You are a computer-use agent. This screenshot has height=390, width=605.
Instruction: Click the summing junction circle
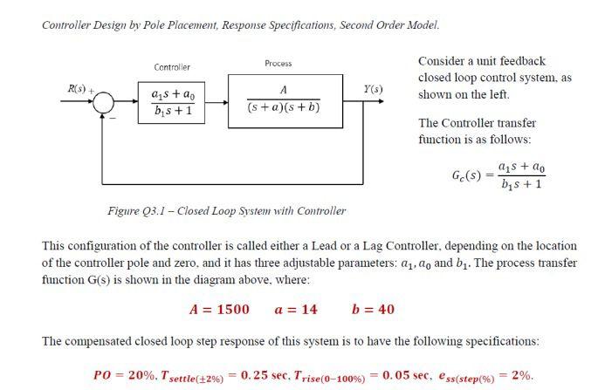tap(104, 103)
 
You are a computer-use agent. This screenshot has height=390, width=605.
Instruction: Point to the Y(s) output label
tap(373, 89)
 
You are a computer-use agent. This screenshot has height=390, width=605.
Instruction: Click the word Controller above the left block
tap(172, 67)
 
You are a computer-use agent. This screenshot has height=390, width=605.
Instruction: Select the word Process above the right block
tap(278, 64)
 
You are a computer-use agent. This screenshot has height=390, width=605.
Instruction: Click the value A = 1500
tap(219, 310)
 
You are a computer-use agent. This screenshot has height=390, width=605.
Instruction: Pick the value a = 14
tap(296, 310)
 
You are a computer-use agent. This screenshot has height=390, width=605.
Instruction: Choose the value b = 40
tap(373, 310)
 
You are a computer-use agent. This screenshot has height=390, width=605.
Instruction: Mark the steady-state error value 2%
tap(522, 375)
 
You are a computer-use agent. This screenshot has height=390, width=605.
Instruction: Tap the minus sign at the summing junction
tap(111, 119)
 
